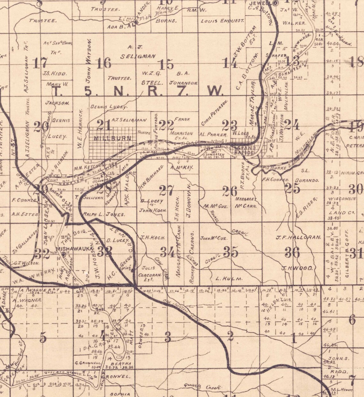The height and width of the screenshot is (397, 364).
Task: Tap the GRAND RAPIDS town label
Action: click(x=244, y=150)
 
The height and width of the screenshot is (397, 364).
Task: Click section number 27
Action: click(x=166, y=191)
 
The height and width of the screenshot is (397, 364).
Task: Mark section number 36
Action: click(x=292, y=252)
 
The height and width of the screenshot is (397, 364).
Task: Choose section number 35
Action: click(x=231, y=252)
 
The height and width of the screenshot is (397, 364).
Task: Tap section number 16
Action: click(x=104, y=63)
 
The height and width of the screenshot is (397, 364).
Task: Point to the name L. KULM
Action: click(x=229, y=278)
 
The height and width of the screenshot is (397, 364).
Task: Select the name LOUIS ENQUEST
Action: click(x=222, y=21)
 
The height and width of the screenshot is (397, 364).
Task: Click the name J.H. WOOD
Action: click(x=297, y=268)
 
